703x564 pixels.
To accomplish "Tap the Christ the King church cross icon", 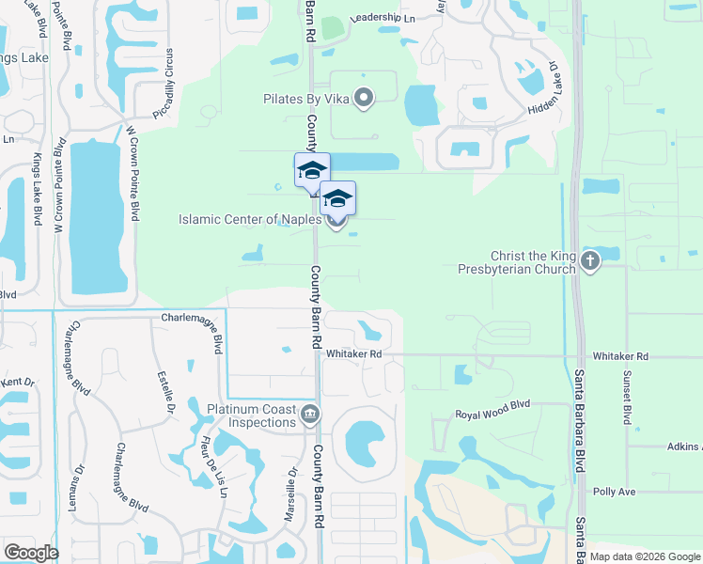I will point(590,260).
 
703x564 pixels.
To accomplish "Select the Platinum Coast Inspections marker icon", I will point(309,415).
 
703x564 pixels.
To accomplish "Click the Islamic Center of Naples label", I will point(250,220).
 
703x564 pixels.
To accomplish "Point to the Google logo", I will point(31,552).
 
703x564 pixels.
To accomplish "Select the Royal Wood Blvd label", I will point(492,415).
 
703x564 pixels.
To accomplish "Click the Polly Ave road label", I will point(614,492).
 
